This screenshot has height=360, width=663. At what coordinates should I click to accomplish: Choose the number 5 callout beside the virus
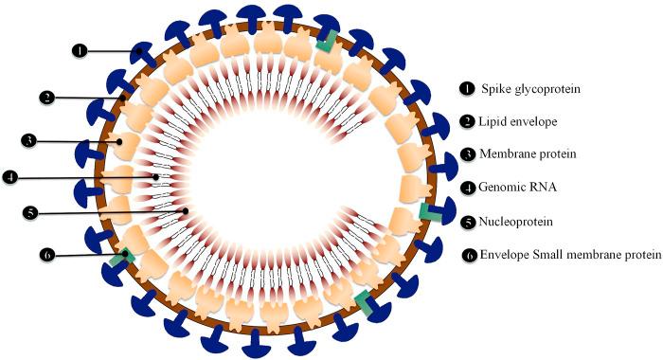32,213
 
